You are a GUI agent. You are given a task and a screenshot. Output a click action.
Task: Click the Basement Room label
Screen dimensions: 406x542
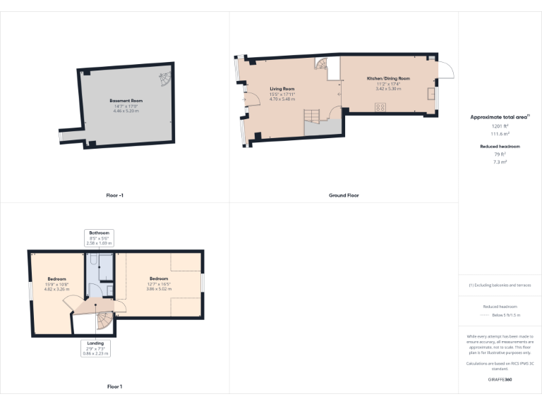[x=126, y=101]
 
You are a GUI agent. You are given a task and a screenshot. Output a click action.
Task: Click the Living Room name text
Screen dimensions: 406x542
[x=282, y=90]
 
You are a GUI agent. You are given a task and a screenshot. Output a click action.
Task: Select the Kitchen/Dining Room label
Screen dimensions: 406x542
[x=387, y=78]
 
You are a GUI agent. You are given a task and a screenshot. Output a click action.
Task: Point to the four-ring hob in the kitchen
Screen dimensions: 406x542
[x=380, y=107]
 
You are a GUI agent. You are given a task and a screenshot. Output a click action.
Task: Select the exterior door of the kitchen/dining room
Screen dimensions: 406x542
[x=445, y=69]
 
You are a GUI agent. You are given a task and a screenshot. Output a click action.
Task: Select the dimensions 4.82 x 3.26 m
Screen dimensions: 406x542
[x=56, y=289]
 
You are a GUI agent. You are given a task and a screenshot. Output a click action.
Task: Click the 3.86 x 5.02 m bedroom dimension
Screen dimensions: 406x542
[x=159, y=288]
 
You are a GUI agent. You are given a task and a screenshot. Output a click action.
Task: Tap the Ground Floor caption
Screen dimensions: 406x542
[x=344, y=195]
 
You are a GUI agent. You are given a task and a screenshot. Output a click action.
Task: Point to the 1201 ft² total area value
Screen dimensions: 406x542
[x=500, y=125]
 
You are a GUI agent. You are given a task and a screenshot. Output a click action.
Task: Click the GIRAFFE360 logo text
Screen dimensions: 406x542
[x=500, y=380]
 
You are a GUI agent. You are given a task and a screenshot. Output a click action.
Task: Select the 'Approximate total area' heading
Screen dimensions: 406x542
[x=500, y=116]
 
